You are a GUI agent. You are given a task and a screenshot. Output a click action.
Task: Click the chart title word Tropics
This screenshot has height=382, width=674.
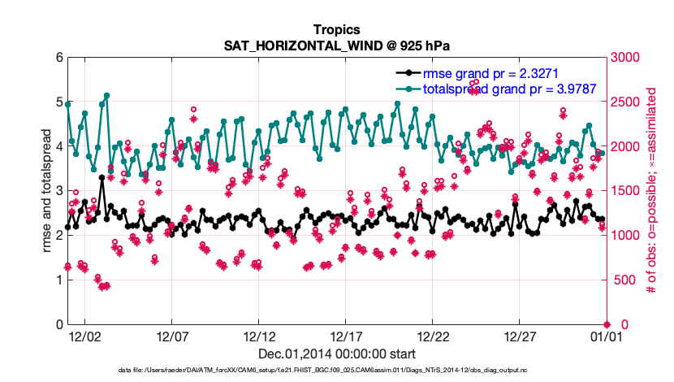pos(336,30)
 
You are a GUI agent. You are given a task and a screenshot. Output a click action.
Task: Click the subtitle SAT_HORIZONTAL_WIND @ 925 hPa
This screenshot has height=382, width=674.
pos(336,46)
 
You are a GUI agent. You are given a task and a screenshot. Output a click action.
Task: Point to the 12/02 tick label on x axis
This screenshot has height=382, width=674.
pos(85,336)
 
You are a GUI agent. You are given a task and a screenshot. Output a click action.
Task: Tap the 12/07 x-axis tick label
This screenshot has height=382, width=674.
pos(172,336)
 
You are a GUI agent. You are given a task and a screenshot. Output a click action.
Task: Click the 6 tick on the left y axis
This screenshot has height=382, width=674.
pos(58,58)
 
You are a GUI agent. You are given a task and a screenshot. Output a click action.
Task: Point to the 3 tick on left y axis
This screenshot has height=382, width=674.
pos(58,191)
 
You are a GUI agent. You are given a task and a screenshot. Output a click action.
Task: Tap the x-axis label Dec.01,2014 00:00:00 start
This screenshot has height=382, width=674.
pos(336,354)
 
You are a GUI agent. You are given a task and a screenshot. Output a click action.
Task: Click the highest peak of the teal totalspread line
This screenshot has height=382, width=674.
pos(106,95)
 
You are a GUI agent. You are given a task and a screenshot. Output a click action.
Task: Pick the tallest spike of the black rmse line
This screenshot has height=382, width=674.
pos(102,177)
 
